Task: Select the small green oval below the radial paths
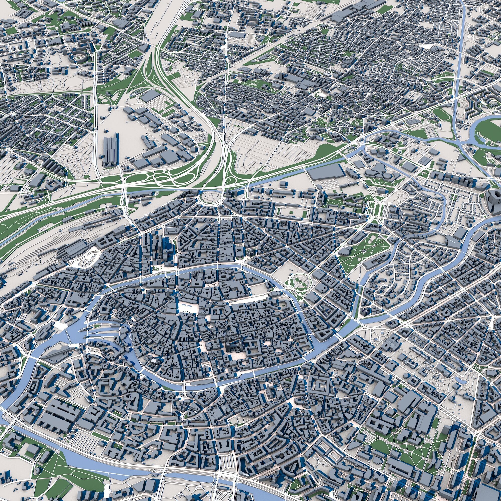87,177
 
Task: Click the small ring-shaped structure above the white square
176,295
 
